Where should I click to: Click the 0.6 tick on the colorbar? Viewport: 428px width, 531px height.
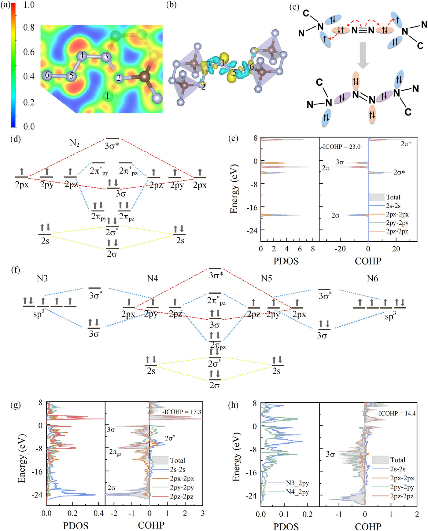[x=29, y=52]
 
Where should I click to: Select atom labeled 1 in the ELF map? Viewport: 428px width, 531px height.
[x=107, y=96]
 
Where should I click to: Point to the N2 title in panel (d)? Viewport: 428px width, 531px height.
[x=75, y=143]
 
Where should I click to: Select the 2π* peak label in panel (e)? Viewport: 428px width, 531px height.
[x=406, y=144]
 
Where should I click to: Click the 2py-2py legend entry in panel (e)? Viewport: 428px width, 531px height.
[x=397, y=223]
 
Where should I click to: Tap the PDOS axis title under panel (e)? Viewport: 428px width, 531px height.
[x=286, y=261]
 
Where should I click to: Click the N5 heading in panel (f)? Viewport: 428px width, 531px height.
[x=266, y=278]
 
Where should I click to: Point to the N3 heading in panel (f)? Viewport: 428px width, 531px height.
[x=42, y=278]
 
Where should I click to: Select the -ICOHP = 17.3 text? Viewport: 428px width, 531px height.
[x=182, y=412]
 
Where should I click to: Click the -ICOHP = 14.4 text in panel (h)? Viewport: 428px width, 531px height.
[x=396, y=413]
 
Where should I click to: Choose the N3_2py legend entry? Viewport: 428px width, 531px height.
[x=297, y=483]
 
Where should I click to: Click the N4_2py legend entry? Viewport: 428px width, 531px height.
[x=297, y=492]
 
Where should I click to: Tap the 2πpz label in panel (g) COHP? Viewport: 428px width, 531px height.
[x=115, y=452]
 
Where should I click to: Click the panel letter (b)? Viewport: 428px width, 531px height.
[x=171, y=5]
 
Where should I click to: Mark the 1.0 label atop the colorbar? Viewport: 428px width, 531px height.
[x=29, y=5]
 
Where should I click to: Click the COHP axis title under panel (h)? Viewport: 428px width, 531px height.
[x=368, y=526]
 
